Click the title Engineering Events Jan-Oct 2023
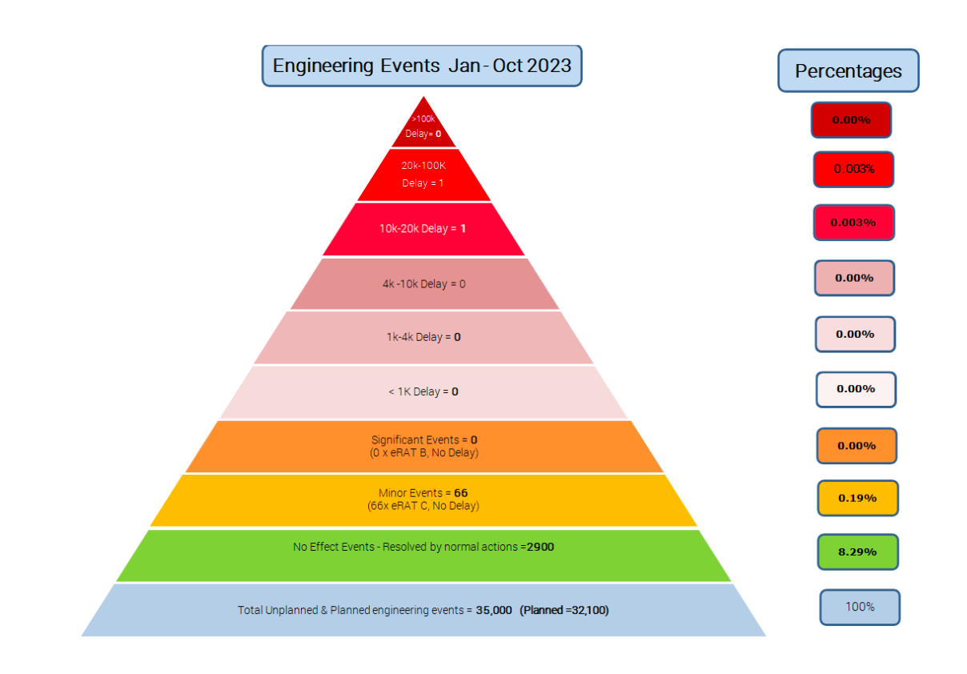[422, 66]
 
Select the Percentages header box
[848, 71]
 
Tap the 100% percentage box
[860, 607]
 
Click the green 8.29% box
[857, 552]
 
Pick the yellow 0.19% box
[857, 498]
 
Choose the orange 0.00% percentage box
[857, 446]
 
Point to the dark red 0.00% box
[851, 120]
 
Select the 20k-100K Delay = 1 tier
[423, 174]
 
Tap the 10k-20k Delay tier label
[423, 229]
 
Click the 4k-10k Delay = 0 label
[423, 284]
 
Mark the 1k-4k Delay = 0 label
[423, 337]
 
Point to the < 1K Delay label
[423, 392]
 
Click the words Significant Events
[403, 439]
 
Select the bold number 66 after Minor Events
[460, 492]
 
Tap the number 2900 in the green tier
[540, 548]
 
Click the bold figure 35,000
[494, 610]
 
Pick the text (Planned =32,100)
[564, 610]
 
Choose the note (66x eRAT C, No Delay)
[423, 506]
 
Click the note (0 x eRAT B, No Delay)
[424, 453]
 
